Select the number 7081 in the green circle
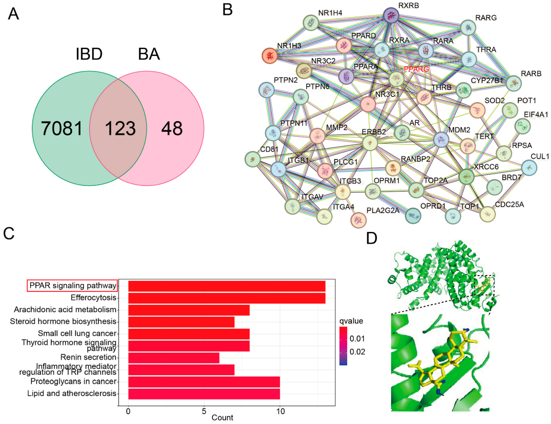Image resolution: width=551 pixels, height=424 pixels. pyautogui.click(x=62, y=128)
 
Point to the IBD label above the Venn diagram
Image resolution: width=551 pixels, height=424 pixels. pyautogui.click(x=89, y=54)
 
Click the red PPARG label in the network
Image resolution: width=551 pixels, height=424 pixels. pyautogui.click(x=416, y=69)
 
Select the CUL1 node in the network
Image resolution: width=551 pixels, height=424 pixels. pyautogui.click(x=529, y=167)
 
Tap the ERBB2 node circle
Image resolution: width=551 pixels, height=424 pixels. pyautogui.click(x=370, y=143)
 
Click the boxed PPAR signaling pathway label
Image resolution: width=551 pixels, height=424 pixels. pyautogui.click(x=72, y=285)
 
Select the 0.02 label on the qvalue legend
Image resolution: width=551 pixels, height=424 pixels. pyautogui.click(x=357, y=352)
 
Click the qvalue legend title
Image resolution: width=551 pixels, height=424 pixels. pyautogui.click(x=351, y=321)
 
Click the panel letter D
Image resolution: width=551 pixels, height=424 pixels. pyautogui.click(x=372, y=238)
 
